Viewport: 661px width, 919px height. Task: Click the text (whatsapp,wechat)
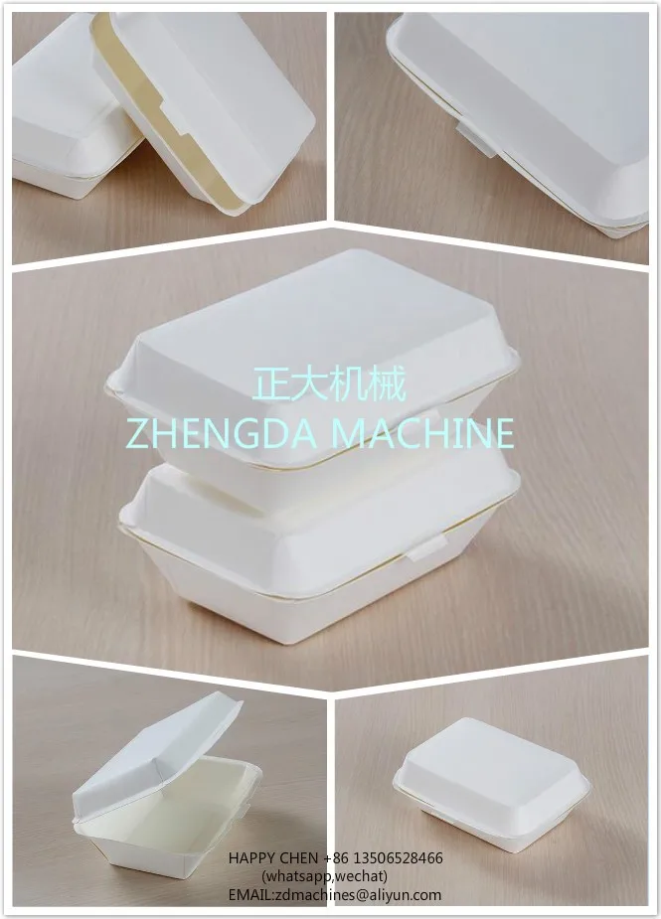(x=324, y=876)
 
